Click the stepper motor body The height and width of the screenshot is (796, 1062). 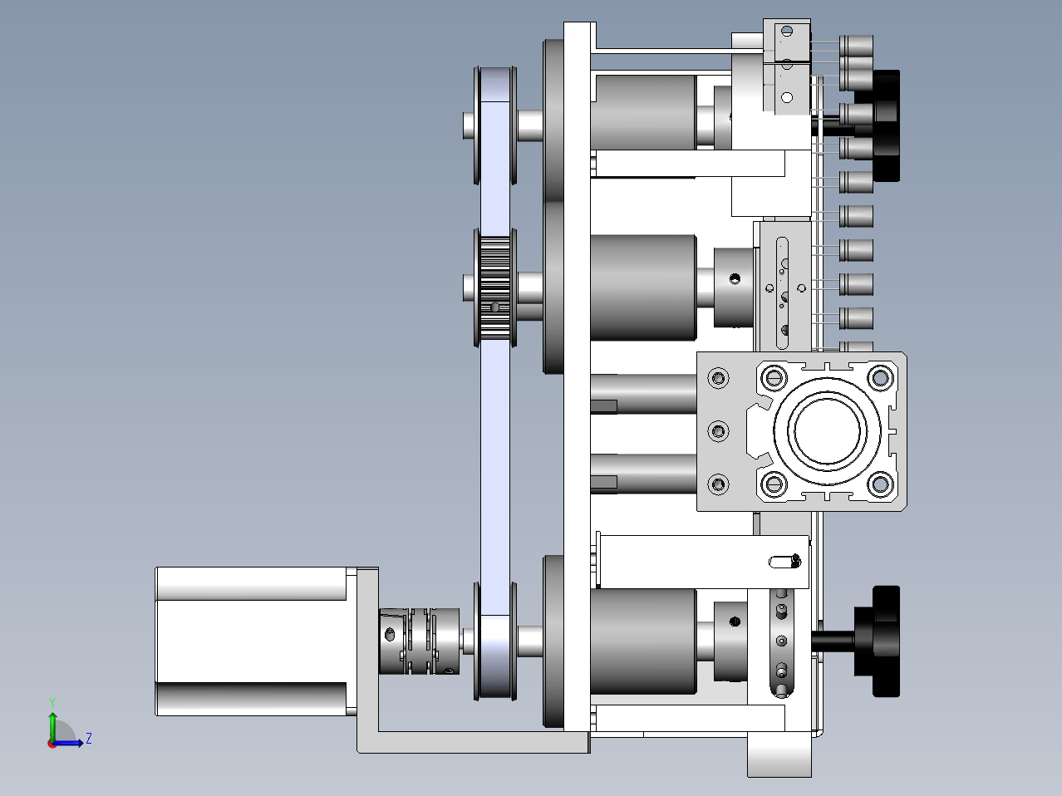252,641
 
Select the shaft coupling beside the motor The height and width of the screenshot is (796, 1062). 419,641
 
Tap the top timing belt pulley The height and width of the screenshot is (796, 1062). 495,125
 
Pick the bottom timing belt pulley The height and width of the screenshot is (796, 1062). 495,641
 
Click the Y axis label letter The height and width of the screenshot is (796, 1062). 52,703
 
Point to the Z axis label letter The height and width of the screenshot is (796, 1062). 89,738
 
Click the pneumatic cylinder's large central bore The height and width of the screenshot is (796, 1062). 827,430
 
